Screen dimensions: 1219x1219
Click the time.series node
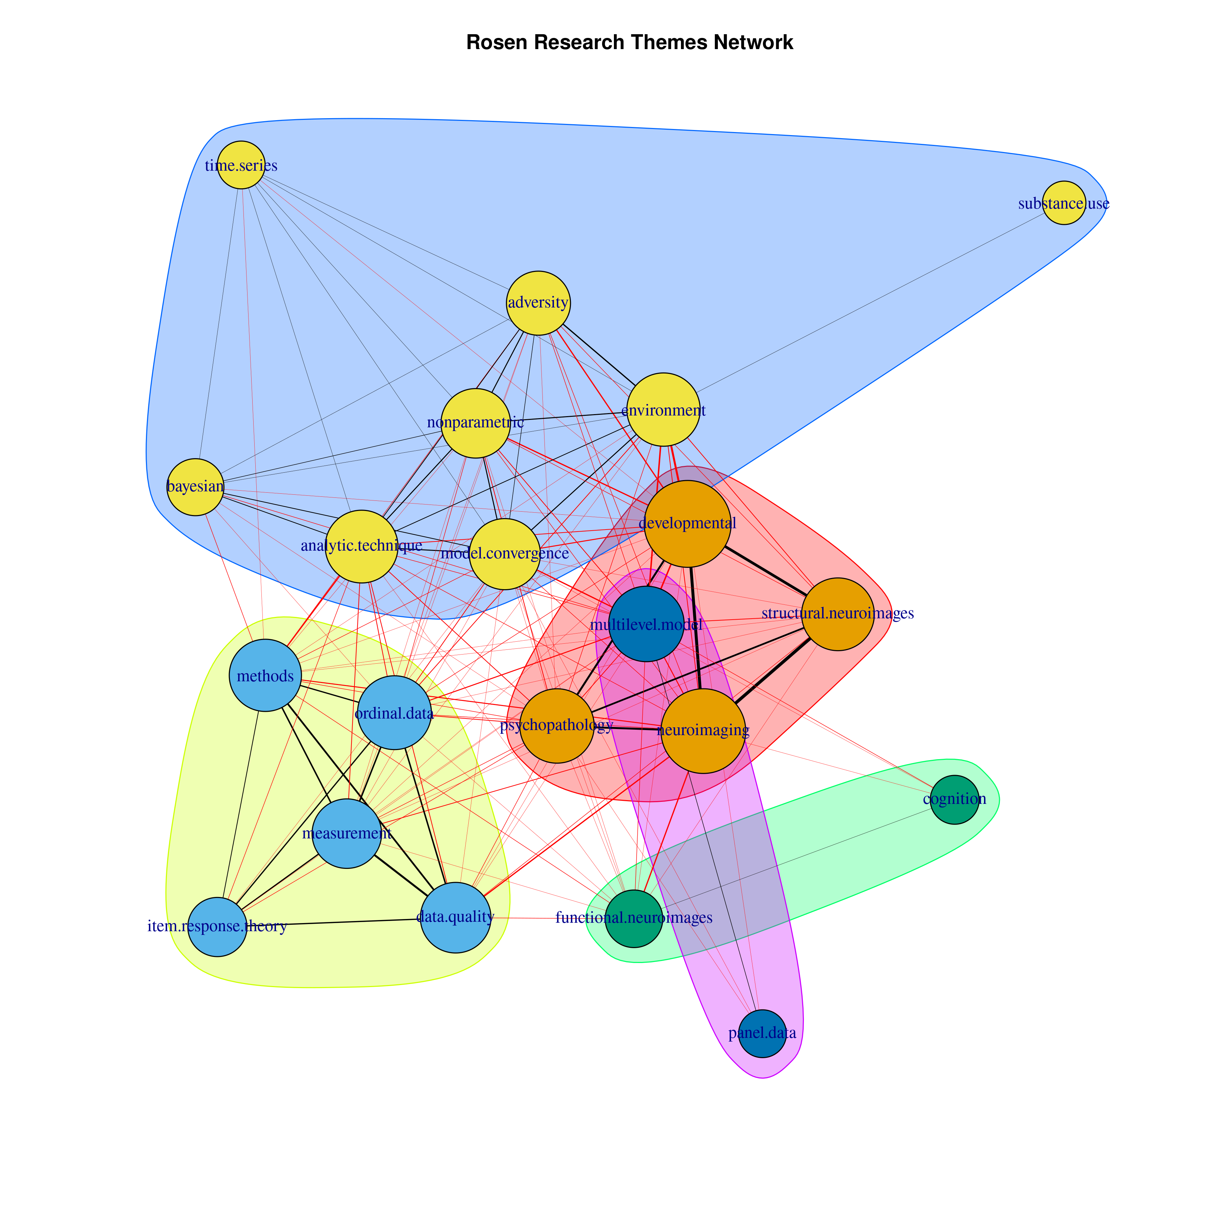241,165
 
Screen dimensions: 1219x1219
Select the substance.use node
1064,203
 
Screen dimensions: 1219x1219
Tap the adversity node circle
538,303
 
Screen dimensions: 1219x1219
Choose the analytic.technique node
362,546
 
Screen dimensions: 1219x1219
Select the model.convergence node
505,554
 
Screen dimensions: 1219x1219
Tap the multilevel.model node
646,625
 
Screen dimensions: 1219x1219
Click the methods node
265,676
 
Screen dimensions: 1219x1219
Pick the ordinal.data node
394,713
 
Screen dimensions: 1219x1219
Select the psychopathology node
556,726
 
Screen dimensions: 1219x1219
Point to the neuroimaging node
703,731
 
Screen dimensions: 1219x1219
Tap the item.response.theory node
217,926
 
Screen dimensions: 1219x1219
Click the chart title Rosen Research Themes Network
629,42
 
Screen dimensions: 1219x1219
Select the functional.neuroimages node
634,918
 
